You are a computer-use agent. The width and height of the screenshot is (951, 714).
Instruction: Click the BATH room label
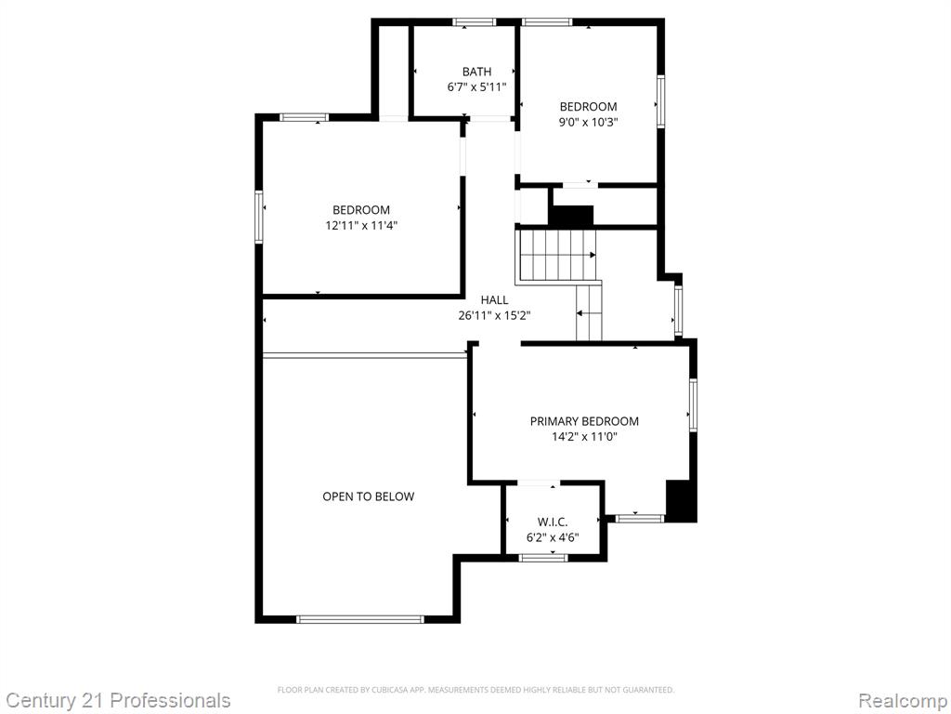(476, 72)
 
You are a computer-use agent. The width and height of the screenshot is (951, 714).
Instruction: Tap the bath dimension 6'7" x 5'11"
(476, 86)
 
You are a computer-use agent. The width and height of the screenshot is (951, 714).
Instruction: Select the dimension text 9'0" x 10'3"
(588, 122)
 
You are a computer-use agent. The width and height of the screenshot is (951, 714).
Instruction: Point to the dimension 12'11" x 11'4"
(361, 226)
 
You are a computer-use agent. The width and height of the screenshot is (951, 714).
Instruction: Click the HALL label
(494, 300)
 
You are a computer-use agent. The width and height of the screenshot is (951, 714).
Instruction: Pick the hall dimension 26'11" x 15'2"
(494, 315)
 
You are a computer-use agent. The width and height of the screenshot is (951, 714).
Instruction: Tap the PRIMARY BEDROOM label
(584, 421)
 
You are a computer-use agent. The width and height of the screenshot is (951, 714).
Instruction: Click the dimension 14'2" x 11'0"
(584, 437)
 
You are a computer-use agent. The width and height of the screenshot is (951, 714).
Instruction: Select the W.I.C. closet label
(553, 522)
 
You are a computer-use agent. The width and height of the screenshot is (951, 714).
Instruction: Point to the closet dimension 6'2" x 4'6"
(553, 537)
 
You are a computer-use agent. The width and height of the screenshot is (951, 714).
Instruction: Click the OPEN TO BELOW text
(368, 496)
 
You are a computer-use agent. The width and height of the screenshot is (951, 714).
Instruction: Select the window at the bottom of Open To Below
(360, 619)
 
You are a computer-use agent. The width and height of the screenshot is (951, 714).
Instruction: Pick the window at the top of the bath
(475, 22)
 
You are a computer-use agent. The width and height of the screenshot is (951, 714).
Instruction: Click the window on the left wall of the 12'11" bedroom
(259, 217)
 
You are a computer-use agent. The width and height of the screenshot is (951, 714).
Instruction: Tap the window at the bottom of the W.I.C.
(543, 558)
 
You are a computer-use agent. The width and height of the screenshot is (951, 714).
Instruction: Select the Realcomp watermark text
(903, 701)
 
